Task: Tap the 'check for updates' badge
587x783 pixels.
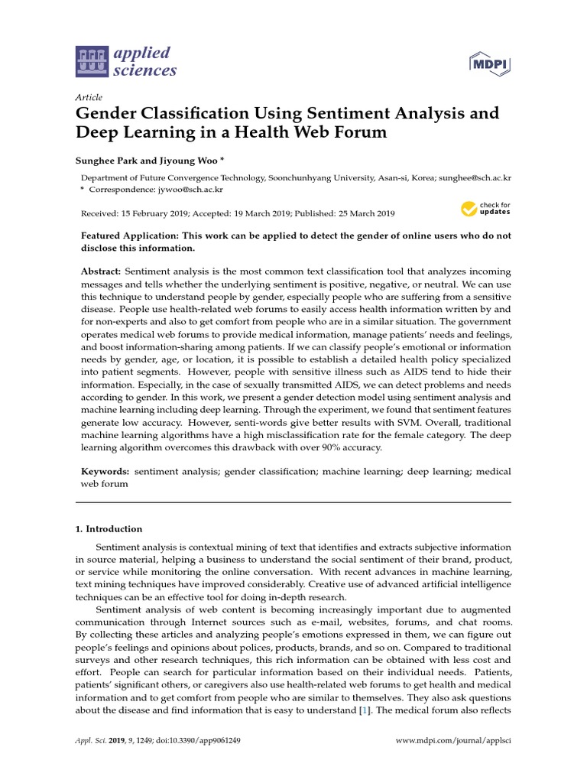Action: click(x=485, y=208)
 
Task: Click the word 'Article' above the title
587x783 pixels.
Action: click(x=88, y=98)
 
